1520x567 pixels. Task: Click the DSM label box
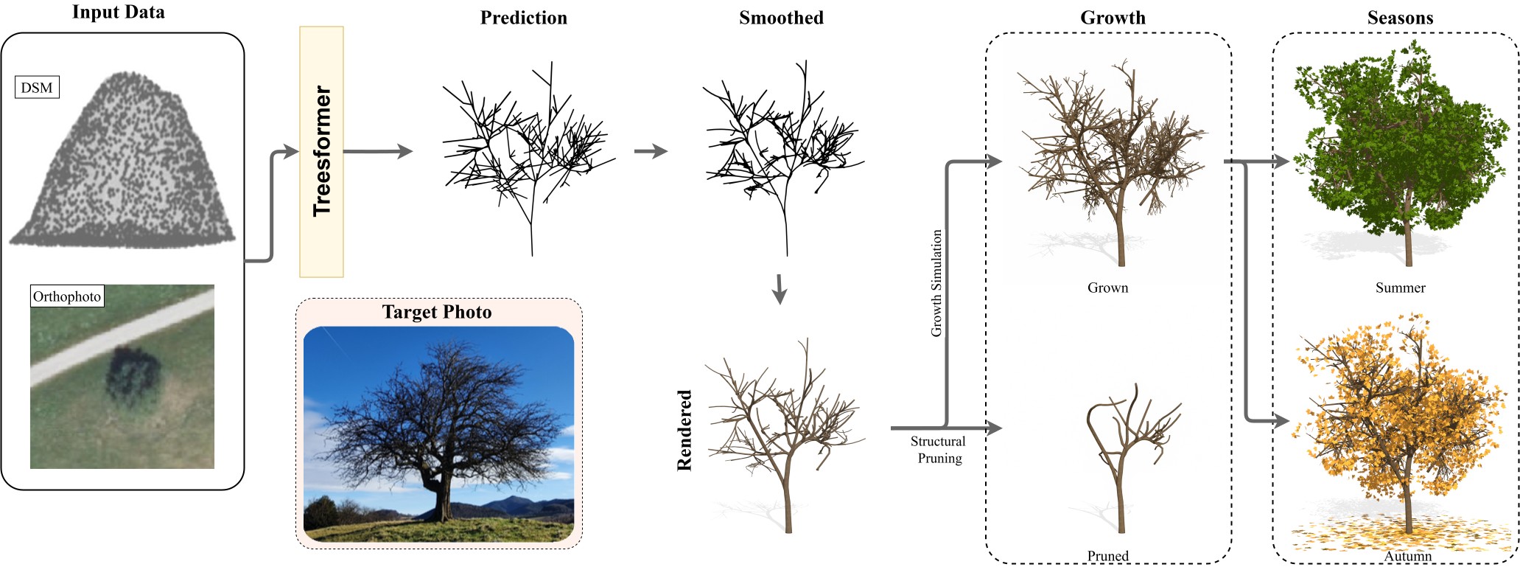[37, 88]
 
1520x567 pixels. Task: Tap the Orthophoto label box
[66, 296]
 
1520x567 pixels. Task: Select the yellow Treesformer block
[321, 152]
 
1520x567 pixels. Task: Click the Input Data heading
[118, 12]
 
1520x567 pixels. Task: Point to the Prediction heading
[523, 18]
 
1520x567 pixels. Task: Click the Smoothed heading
[781, 18]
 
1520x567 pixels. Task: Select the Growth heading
[1113, 18]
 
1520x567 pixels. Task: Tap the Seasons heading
[1400, 18]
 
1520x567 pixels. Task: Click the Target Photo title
[437, 312]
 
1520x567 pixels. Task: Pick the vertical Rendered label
[684, 431]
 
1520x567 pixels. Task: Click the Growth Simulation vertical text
[936, 283]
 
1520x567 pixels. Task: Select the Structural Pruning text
[938, 450]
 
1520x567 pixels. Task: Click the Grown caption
[1107, 288]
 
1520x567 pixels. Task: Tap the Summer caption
[1400, 288]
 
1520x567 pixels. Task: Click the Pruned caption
[1107, 556]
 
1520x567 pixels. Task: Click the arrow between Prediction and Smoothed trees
[651, 152]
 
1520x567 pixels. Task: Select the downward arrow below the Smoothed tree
[780, 289]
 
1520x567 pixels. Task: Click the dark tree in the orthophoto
[133, 376]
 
